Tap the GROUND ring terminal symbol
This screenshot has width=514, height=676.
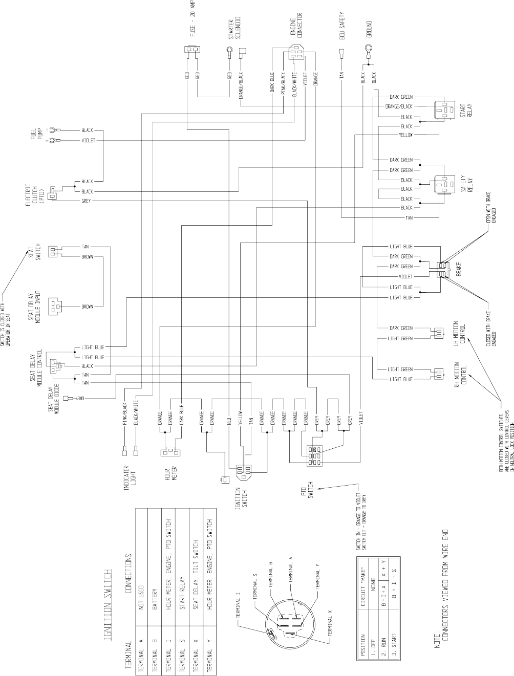coord(368,51)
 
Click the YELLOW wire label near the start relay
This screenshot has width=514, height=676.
coord(405,135)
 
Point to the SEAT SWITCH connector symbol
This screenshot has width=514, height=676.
coord(53,252)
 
